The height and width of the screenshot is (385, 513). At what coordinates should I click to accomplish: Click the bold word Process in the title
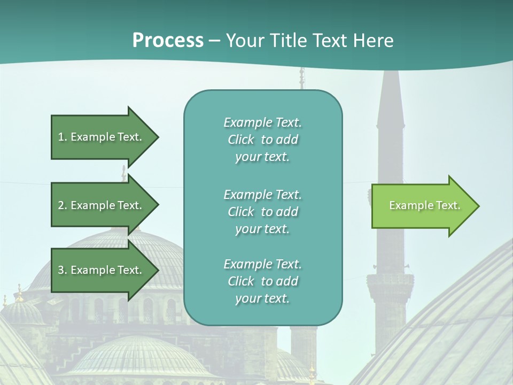[168, 41]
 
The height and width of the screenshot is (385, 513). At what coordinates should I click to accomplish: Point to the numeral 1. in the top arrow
[62, 137]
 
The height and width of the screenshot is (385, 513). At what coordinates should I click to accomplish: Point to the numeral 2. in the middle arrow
[62, 205]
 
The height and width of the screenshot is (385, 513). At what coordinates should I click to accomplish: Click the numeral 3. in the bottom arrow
[62, 270]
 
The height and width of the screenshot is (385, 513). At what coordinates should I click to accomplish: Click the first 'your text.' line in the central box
[262, 157]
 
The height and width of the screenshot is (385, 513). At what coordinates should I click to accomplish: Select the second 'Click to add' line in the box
[263, 212]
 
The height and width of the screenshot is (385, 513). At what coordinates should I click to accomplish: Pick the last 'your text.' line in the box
[262, 298]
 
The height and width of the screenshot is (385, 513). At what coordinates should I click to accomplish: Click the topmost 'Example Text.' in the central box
[263, 122]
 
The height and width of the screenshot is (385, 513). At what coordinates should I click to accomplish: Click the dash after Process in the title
[214, 41]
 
